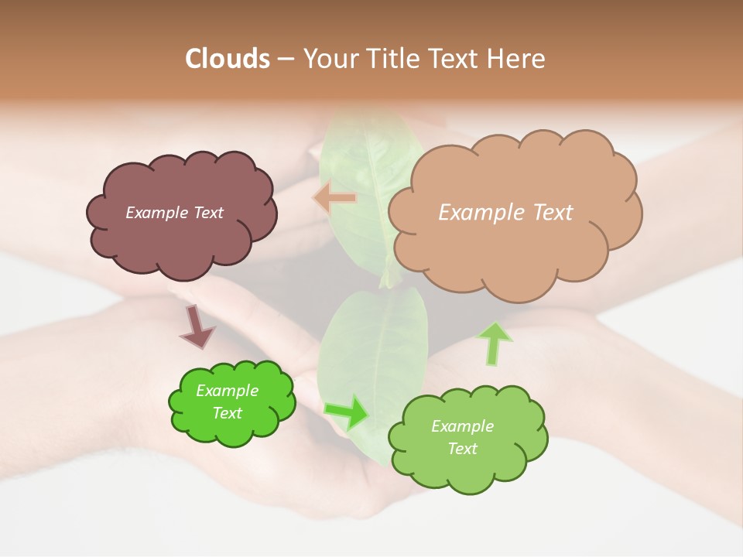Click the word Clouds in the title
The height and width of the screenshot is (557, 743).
228,59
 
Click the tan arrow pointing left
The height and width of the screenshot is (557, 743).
335,199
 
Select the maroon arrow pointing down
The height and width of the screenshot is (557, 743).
197,326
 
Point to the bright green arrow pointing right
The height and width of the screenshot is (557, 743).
347,412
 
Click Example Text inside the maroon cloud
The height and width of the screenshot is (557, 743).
174,213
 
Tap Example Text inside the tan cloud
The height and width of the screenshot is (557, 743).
505,213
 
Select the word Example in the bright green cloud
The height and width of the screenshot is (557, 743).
227,391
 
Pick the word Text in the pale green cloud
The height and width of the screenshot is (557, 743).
462,449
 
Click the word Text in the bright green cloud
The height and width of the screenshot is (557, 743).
227,413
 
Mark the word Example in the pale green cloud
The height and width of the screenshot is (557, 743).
462,426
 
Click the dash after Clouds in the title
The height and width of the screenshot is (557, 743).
285,59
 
